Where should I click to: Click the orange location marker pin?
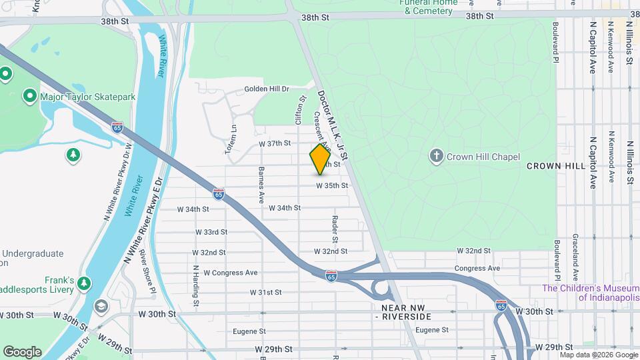320,159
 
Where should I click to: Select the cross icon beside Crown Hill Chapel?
436,156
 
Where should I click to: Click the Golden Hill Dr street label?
267,89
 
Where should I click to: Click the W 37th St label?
275,143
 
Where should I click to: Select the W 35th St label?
331,185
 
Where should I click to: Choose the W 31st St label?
265,293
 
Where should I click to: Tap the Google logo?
22,351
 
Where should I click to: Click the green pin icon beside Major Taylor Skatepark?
29,97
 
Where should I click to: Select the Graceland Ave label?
575,256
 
